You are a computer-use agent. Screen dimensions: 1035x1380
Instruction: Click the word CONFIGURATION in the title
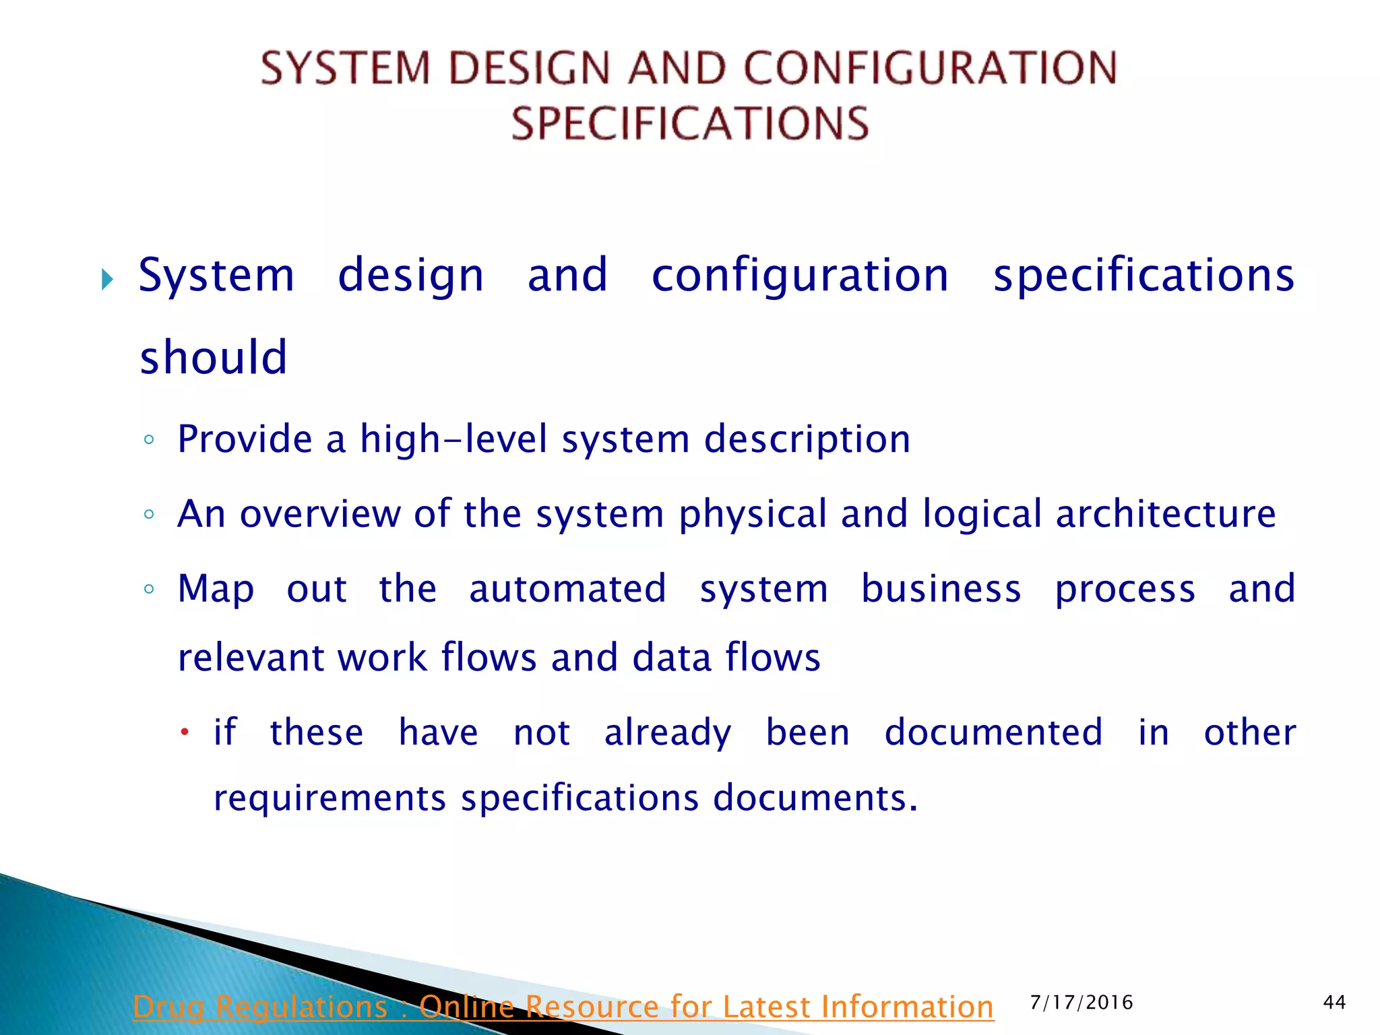[x=930, y=68]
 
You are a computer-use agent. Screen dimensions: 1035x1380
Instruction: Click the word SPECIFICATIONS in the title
[x=690, y=123]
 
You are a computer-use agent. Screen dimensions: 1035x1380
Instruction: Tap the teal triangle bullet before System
[x=107, y=278]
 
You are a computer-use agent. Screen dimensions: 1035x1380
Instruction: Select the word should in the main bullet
[x=214, y=356]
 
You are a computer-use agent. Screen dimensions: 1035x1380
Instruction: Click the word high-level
[x=453, y=439]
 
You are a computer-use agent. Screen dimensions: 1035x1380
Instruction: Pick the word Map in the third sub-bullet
[x=216, y=589]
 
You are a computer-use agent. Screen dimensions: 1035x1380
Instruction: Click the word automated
[x=567, y=588]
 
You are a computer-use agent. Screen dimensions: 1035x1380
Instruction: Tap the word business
[x=941, y=588]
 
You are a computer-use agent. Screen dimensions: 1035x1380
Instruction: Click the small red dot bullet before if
[x=184, y=732]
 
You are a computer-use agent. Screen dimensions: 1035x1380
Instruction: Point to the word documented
[x=994, y=732]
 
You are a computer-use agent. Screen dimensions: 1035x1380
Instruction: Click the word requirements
[x=330, y=799]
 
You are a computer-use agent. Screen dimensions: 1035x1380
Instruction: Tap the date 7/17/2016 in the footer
[x=1081, y=1003]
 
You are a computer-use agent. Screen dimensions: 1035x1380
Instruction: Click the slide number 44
[x=1334, y=1003]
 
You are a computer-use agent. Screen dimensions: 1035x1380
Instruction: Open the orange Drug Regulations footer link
[x=563, y=1007]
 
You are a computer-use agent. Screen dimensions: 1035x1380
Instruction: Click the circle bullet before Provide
[x=149, y=440]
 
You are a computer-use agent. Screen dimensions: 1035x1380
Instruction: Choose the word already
[x=667, y=733]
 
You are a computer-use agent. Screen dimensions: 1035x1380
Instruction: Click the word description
[x=807, y=440]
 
